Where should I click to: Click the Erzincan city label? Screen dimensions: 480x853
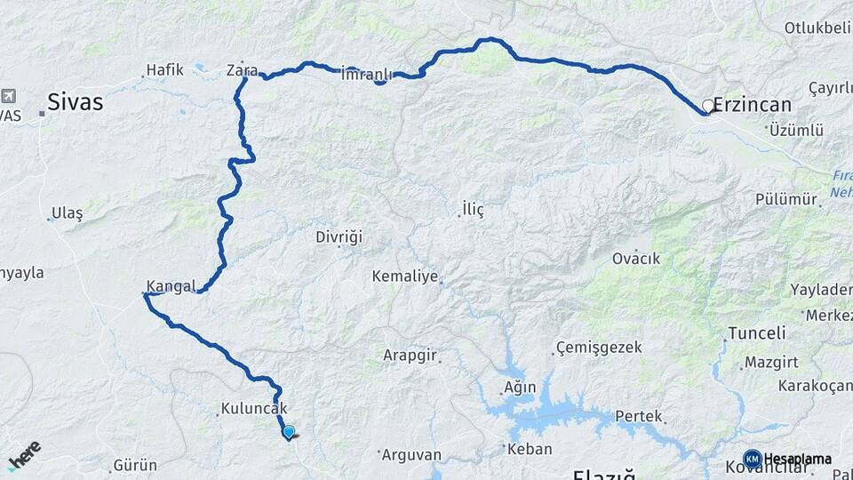point(753,105)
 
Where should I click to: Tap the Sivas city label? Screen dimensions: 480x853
point(75,102)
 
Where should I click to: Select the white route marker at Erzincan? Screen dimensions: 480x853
point(708,106)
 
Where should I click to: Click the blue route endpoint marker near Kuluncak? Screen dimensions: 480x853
point(289,432)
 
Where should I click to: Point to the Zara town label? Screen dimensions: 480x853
point(242,70)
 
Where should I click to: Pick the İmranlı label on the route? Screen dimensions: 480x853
point(366,74)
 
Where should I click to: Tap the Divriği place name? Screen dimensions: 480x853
point(339,237)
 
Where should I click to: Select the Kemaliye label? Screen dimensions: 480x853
point(405,276)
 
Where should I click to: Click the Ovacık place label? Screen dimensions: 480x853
point(636,259)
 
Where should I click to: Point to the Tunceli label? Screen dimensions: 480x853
point(757,333)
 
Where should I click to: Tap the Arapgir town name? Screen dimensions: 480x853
point(410,356)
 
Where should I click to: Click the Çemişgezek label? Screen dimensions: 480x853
point(599,347)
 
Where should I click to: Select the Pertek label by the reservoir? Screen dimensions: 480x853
point(639,416)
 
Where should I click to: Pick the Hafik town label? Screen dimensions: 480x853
point(164,69)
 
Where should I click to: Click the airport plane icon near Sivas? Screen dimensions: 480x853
point(9,95)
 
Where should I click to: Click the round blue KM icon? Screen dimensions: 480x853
point(752,459)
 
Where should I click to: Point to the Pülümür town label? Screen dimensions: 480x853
point(785,199)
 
